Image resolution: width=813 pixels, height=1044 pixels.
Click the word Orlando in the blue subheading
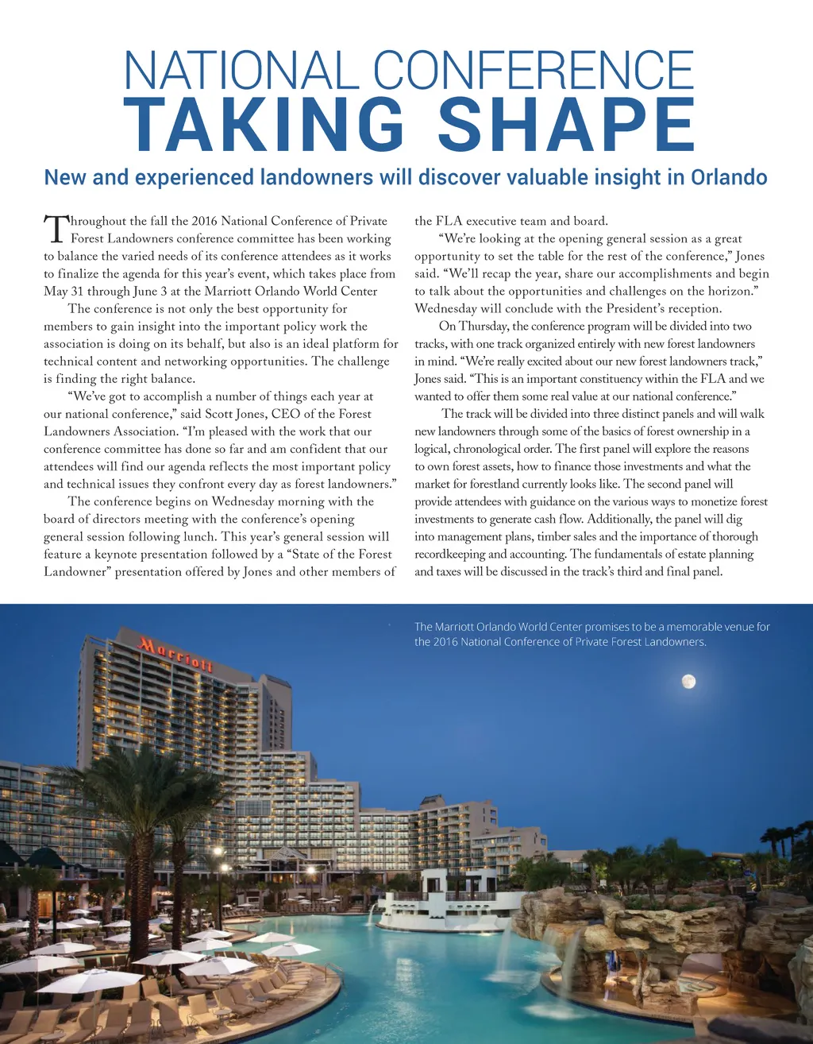pyautogui.click(x=729, y=176)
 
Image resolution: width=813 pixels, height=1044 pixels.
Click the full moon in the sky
pyautogui.click(x=688, y=681)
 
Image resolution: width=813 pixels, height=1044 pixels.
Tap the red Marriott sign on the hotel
pyautogui.click(x=176, y=653)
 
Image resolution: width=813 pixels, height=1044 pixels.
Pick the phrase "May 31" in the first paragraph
pyautogui.click(x=63, y=292)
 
